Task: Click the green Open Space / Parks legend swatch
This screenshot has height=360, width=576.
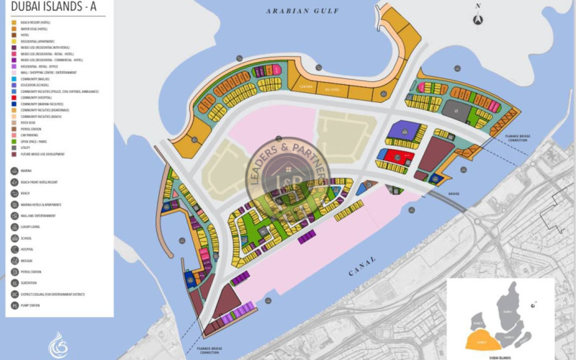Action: (x=14, y=141)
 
